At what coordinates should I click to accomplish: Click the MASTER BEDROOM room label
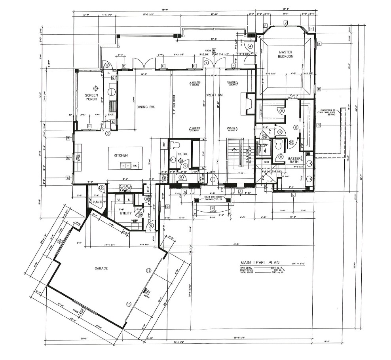point(285,54)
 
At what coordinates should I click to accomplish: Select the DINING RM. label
point(145,107)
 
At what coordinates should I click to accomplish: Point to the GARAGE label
point(101,268)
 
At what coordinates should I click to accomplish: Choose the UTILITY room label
point(125,213)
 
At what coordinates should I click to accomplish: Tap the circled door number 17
point(106,65)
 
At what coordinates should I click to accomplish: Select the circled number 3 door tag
point(107,134)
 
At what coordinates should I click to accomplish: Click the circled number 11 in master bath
point(295,127)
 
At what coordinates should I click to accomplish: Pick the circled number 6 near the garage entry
point(151,225)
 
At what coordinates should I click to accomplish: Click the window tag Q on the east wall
point(318,125)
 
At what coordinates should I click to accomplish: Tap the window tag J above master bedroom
point(285,23)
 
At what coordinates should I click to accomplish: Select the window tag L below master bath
point(293,195)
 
